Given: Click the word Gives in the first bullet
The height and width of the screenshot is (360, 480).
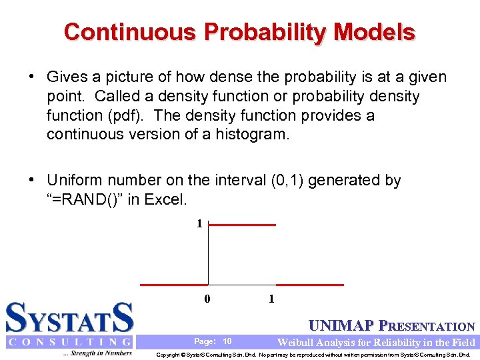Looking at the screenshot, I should (x=67, y=78).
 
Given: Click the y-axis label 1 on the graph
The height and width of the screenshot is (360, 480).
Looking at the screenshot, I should (x=199, y=224).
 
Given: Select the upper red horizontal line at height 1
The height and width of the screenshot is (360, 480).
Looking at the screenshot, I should (x=243, y=225).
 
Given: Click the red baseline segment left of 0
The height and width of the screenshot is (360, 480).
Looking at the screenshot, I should (x=174, y=285).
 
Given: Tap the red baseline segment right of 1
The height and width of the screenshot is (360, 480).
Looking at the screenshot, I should (x=310, y=285).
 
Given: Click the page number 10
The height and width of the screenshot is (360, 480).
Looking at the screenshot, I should (x=227, y=341).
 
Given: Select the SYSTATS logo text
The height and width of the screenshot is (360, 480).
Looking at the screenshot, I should (x=69, y=318).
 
